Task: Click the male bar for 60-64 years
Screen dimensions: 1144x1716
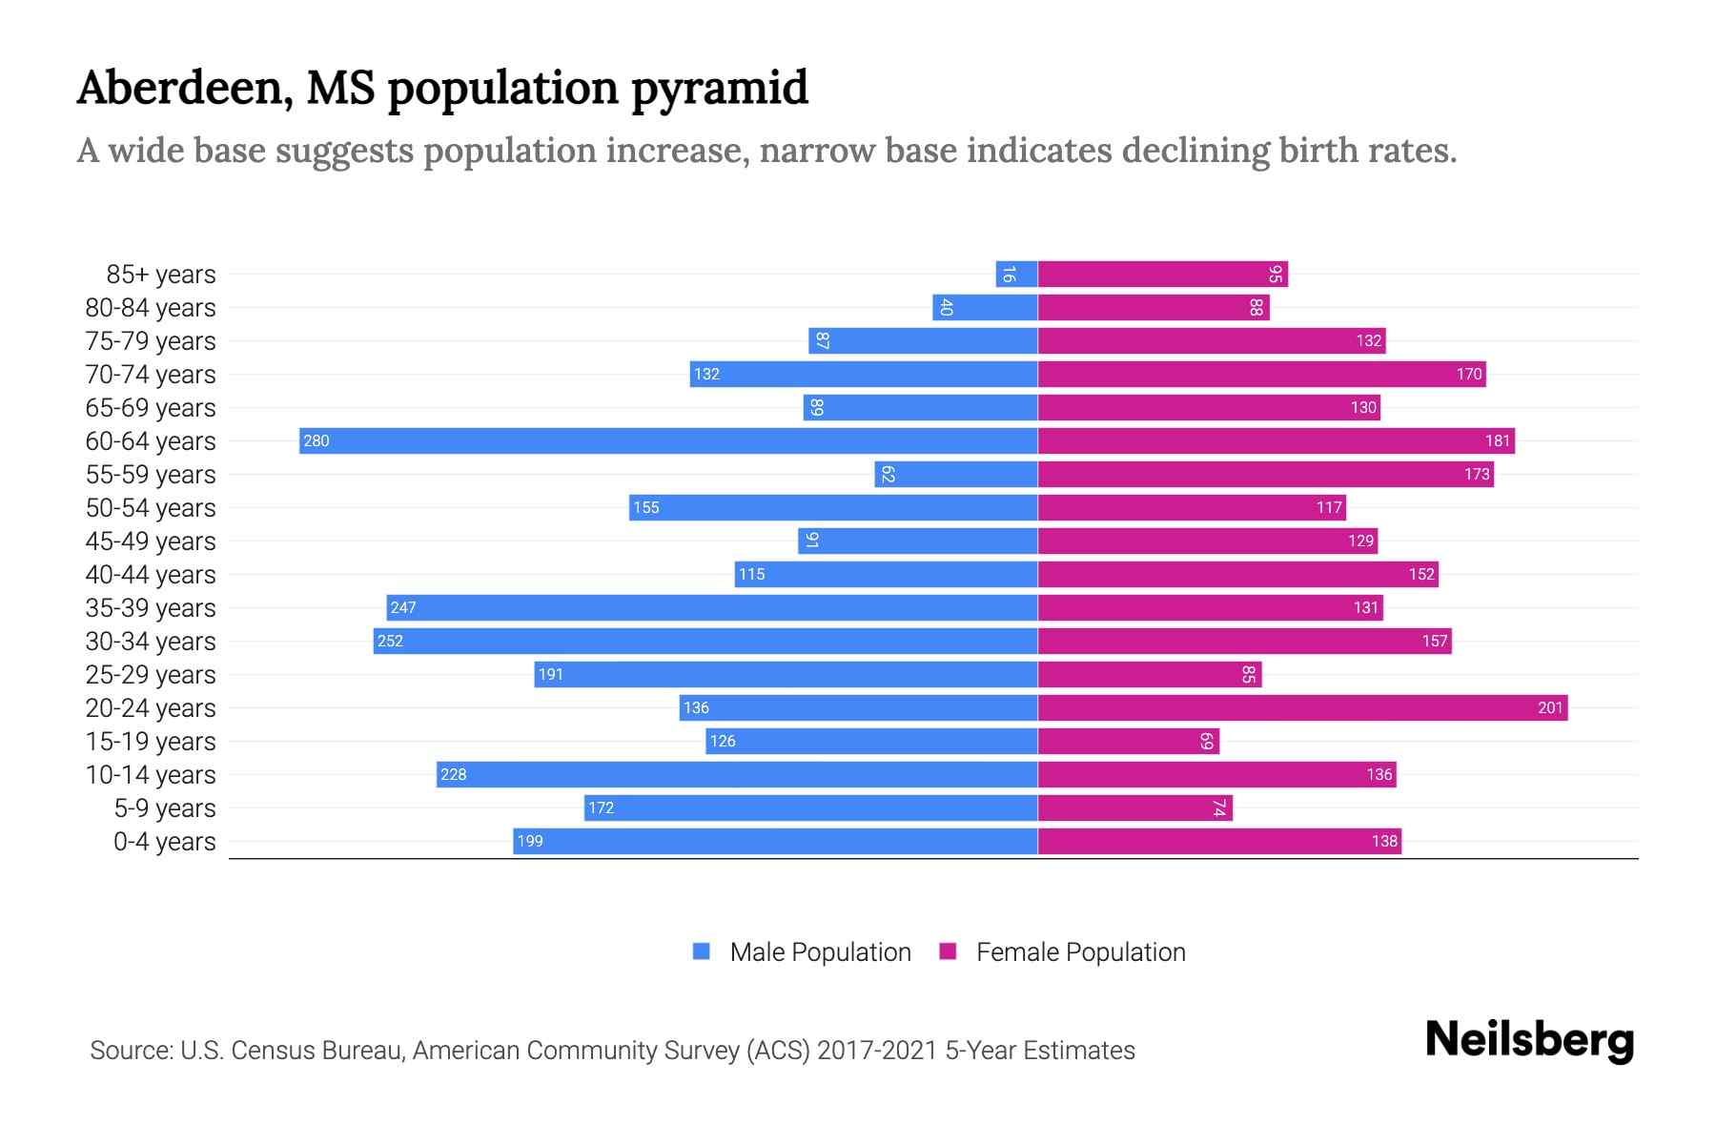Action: pyautogui.click(x=667, y=440)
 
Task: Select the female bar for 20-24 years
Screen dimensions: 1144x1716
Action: pyautogui.click(x=1302, y=707)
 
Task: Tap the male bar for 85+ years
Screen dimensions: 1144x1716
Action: pyautogui.click(x=1016, y=275)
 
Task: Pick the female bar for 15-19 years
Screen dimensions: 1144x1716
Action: pyautogui.click(x=1128, y=741)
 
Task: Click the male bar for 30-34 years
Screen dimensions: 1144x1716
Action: pyautogui.click(x=705, y=641)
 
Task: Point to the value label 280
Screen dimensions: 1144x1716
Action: pyautogui.click(x=317, y=440)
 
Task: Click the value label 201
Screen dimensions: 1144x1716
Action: pyautogui.click(x=1550, y=707)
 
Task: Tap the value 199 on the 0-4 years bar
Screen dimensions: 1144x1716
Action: pyautogui.click(x=530, y=841)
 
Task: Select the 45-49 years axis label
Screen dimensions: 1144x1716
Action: pyautogui.click(x=151, y=541)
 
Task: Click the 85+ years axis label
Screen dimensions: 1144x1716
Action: pyautogui.click(x=161, y=275)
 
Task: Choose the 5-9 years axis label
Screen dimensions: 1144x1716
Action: pyautogui.click(x=165, y=808)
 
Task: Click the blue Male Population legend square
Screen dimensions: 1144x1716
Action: pyautogui.click(x=702, y=951)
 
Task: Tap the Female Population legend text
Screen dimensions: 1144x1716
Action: pyautogui.click(x=1080, y=952)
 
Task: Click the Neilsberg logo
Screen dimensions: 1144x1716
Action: pyautogui.click(x=1529, y=1040)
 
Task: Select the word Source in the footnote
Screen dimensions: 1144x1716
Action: pyautogui.click(x=130, y=1051)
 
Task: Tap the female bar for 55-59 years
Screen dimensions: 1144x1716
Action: pyautogui.click(x=1265, y=474)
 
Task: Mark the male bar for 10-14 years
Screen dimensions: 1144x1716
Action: pyautogui.click(x=737, y=774)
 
